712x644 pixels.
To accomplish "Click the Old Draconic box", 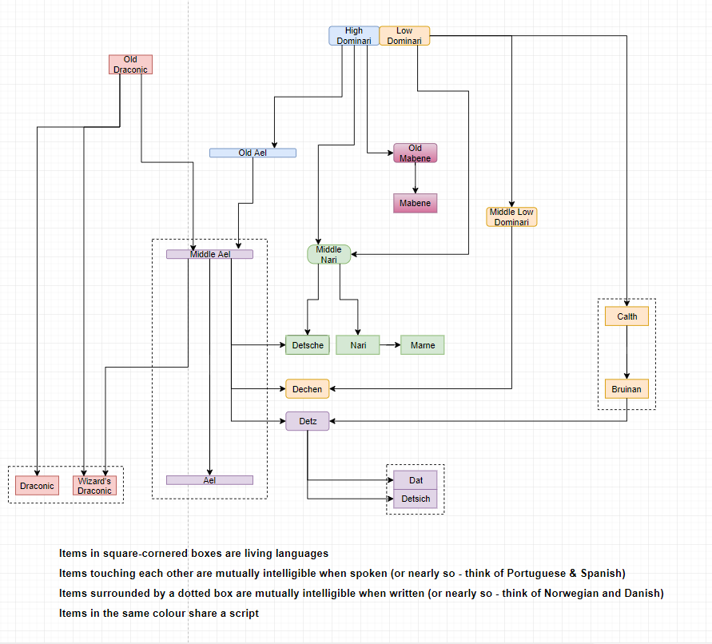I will pos(130,65).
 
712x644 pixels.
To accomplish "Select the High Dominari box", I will pos(353,36).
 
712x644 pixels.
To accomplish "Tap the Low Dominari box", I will pos(404,36).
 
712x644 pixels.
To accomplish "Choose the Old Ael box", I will pos(253,153).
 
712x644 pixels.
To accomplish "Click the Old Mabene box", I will pos(415,153).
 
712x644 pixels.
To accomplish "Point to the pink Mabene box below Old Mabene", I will pos(415,203).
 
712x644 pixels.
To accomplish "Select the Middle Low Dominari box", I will pos(511,217).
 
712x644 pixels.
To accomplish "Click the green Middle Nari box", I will pos(328,255).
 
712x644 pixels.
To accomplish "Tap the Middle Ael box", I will pos(209,254).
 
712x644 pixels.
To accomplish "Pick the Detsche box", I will pos(308,345).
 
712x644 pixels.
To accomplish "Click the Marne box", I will pos(422,345).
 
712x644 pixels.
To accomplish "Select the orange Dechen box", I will pos(307,389).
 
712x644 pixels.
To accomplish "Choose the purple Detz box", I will pos(307,421).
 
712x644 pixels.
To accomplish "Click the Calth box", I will pos(626,316).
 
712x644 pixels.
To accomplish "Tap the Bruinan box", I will pos(626,389).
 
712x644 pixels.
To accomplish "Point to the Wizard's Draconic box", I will pos(94,486).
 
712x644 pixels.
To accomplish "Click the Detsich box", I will pos(416,499).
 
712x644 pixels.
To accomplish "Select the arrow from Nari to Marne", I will pos(390,345).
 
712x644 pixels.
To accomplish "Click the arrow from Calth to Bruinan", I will pos(626,352).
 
